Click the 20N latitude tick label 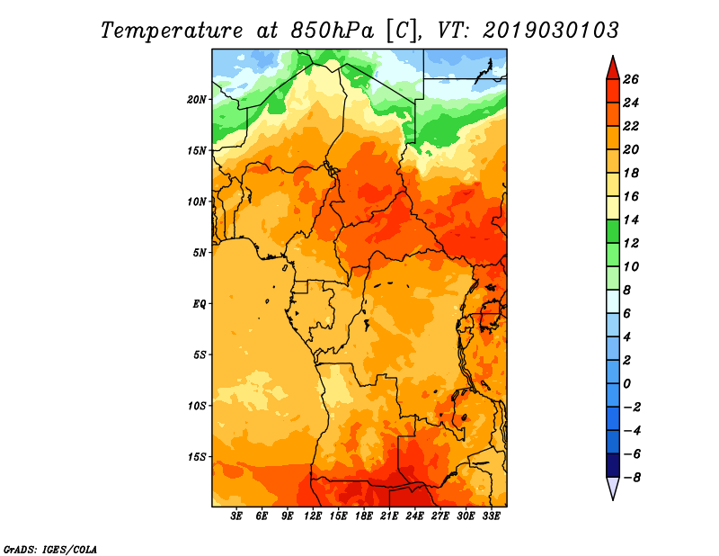(x=197, y=100)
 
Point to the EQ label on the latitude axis (x=200, y=304)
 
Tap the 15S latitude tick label (x=197, y=457)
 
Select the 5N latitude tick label (x=200, y=253)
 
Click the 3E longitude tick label (x=236, y=516)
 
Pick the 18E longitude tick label (x=364, y=516)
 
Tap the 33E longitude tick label (x=491, y=516)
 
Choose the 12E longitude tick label (x=313, y=516)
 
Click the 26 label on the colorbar (x=631, y=79)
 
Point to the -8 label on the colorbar (x=632, y=478)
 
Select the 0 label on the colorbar (x=626, y=384)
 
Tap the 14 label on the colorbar (x=631, y=220)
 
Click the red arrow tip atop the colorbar (x=613, y=56)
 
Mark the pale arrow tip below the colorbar (x=613, y=500)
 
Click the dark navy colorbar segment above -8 (x=613, y=465)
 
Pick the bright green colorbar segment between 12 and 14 (x=613, y=231)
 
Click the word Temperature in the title (x=172, y=31)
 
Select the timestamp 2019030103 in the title (x=551, y=31)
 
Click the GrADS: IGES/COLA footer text (x=50, y=550)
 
